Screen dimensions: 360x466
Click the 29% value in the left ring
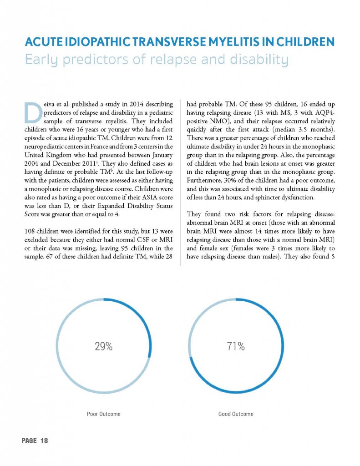coord(103,346)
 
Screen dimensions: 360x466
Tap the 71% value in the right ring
coord(236,346)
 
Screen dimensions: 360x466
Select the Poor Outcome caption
coord(103,414)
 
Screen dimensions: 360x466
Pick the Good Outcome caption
coord(236,414)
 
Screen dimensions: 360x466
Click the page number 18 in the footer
coord(44,441)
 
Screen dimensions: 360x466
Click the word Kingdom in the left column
coord(58,155)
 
